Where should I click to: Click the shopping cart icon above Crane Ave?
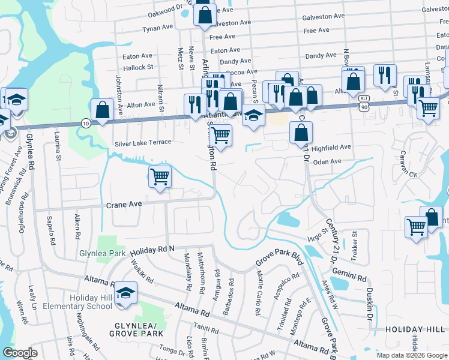point(160,176)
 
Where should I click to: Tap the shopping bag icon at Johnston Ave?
point(103,110)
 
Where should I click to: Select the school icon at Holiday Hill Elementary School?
point(125,293)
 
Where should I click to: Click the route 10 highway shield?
point(85,123)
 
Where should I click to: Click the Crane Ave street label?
point(124,205)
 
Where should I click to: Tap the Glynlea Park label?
point(102,253)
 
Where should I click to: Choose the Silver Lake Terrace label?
point(143,143)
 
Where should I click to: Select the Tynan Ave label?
point(157,28)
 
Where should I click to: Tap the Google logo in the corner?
point(20,353)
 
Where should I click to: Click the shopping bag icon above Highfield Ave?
point(301,133)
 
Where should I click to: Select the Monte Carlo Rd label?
point(259,293)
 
